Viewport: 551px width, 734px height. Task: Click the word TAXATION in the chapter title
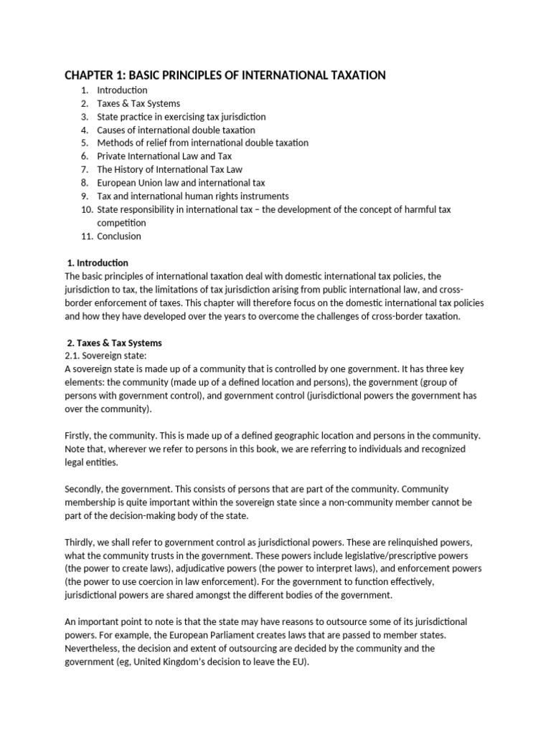point(349,75)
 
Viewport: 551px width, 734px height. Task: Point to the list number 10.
point(83,209)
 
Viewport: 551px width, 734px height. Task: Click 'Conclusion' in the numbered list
point(119,236)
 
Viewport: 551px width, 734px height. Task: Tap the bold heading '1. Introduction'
point(98,263)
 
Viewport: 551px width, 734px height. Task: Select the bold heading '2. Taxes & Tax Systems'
point(115,343)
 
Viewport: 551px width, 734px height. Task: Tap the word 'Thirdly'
point(81,542)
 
